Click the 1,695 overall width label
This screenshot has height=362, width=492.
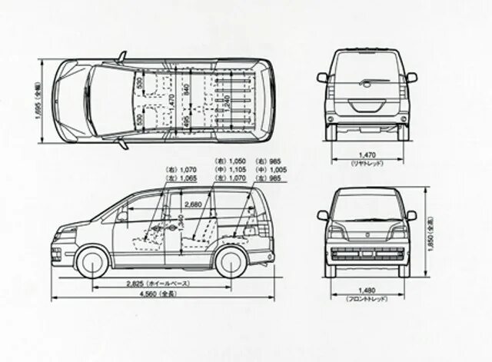click(x=38, y=102)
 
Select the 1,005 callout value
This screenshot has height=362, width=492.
click(x=277, y=169)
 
